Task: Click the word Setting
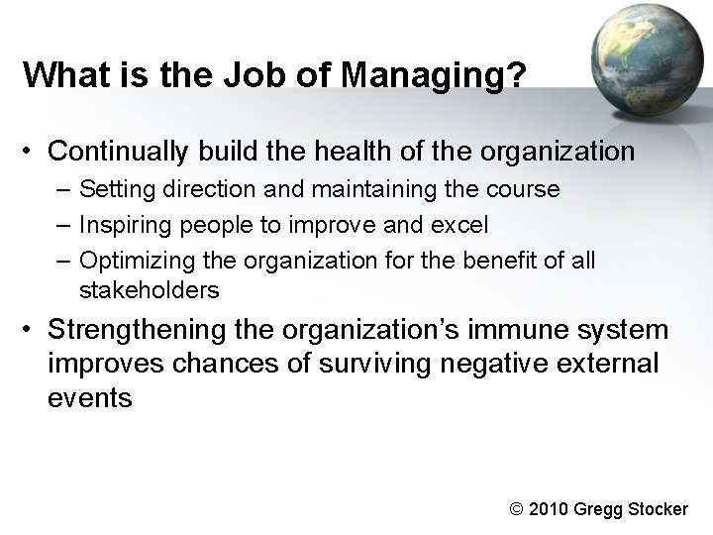112,188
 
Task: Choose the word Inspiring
120,225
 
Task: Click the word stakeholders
149,291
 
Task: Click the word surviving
369,363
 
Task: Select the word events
89,397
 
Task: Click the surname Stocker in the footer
655,509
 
